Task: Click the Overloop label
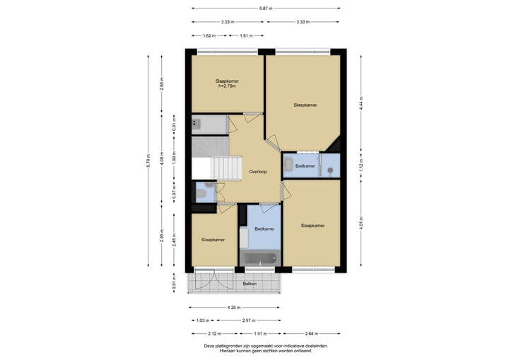(x=258, y=172)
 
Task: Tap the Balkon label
(x=250, y=284)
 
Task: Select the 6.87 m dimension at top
(x=266, y=8)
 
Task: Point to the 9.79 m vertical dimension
(x=148, y=161)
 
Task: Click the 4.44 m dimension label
(x=361, y=103)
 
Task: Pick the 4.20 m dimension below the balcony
(x=234, y=307)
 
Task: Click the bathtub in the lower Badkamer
(x=259, y=259)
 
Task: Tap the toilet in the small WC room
(x=201, y=194)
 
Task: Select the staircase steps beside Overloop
(x=226, y=168)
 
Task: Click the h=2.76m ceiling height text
(x=227, y=86)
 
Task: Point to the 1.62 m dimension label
(x=209, y=36)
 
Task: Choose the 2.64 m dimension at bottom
(x=312, y=333)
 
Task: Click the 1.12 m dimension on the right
(x=361, y=166)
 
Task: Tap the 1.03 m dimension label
(x=203, y=320)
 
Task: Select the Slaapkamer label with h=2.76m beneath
(x=227, y=81)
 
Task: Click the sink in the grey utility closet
(x=195, y=123)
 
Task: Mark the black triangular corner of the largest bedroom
(x=334, y=146)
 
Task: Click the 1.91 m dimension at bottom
(x=260, y=333)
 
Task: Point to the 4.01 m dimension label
(x=361, y=223)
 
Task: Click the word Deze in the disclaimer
(x=209, y=346)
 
